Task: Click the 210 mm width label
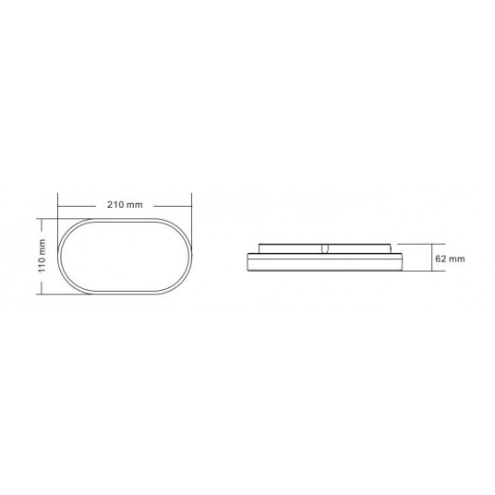[x=125, y=203]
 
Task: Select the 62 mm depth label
[x=449, y=258]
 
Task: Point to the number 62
[x=441, y=258]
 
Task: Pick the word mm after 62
[x=455, y=258]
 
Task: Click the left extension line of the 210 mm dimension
[x=58, y=208]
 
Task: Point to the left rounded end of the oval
[x=61, y=256]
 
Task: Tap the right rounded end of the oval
[x=190, y=256]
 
